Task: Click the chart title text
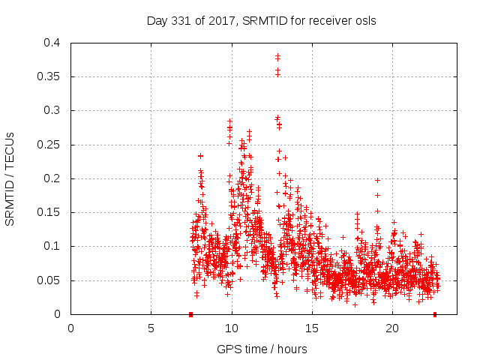click(x=261, y=21)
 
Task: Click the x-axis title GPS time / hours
click(x=261, y=349)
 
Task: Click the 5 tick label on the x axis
click(x=151, y=328)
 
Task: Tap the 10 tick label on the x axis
click(x=231, y=328)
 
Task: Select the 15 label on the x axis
click(x=311, y=328)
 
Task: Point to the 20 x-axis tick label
click(x=391, y=328)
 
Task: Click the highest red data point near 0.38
click(x=277, y=55)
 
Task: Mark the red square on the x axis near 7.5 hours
click(x=191, y=314)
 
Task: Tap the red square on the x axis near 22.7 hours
click(x=435, y=314)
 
